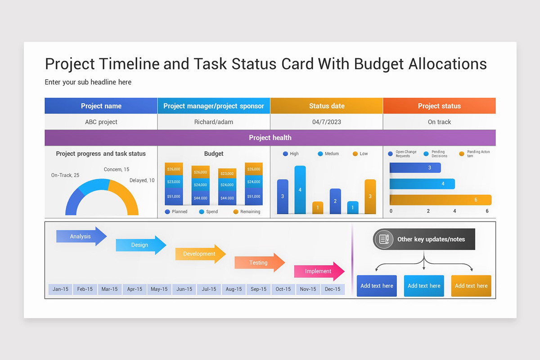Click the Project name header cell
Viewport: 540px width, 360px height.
click(x=101, y=106)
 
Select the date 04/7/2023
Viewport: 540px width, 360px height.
click(x=327, y=122)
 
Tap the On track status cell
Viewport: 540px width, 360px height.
click(x=439, y=122)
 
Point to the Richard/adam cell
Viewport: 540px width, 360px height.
click(x=214, y=122)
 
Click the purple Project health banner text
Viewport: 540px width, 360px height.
click(x=270, y=138)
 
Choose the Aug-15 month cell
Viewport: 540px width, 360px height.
click(x=234, y=289)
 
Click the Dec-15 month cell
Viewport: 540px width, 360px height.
click(x=333, y=289)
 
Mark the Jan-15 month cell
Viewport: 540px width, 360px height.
click(x=60, y=289)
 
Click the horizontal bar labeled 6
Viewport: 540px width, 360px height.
click(x=440, y=200)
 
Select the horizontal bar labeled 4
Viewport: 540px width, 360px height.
click(x=422, y=184)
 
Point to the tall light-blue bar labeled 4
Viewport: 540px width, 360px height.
click(x=300, y=189)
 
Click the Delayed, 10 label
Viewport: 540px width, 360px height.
click(x=142, y=180)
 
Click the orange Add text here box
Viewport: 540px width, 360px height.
click(x=471, y=286)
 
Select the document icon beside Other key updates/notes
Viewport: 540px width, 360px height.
click(x=384, y=239)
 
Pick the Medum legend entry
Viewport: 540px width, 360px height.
click(x=328, y=154)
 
